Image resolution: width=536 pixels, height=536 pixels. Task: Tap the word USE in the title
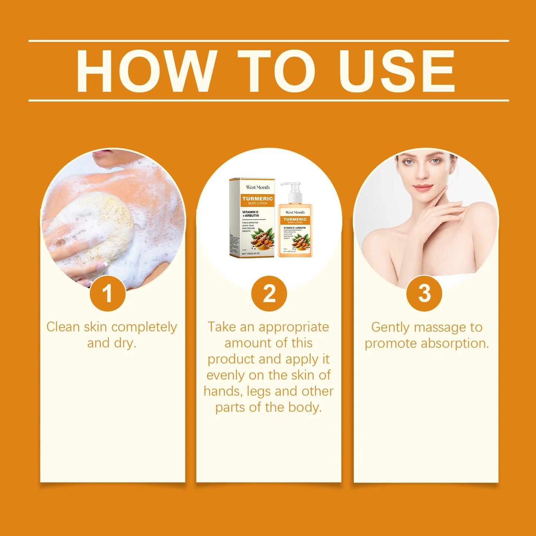[397, 70]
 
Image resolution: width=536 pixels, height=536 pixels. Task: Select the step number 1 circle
[108, 293]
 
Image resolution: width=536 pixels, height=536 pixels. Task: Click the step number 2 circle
[269, 293]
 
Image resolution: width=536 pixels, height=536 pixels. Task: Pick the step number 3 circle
[424, 293]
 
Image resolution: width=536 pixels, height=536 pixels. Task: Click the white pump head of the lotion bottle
[292, 189]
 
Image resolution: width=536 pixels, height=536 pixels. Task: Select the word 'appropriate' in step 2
[293, 327]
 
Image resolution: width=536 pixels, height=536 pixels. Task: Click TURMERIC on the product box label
[257, 198]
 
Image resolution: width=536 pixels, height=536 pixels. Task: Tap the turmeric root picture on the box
[262, 237]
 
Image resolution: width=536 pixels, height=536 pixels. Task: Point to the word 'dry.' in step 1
[125, 343]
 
